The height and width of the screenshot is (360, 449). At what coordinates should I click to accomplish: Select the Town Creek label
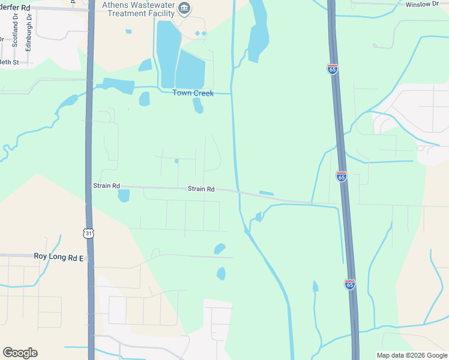pos(193,93)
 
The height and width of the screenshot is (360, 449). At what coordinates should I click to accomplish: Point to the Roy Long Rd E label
pos(61,256)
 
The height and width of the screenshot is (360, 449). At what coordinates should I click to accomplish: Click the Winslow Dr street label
pos(423,4)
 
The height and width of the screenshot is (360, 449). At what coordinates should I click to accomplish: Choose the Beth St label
pos(10,62)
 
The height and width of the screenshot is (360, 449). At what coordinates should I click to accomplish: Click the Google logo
pos(20,353)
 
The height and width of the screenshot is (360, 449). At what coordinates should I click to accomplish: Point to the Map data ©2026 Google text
pos(412,355)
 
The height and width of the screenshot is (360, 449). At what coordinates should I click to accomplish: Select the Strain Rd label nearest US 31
pos(106,186)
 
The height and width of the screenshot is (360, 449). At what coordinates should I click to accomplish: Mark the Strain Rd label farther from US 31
pos(201,189)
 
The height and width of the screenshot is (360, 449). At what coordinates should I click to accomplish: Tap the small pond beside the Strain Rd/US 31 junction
pos(124,196)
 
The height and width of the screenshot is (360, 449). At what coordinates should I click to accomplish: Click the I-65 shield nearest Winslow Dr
pos(333,69)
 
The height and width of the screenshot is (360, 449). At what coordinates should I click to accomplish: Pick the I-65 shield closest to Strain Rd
pos(341,176)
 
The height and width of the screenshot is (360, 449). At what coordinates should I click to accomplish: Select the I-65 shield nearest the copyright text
pos(350,284)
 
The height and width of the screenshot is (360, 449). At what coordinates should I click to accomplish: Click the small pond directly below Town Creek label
pos(197,106)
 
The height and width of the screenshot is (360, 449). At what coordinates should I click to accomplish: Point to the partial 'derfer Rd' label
pos(14,7)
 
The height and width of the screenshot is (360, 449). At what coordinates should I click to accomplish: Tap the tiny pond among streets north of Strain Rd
pos(176,161)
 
